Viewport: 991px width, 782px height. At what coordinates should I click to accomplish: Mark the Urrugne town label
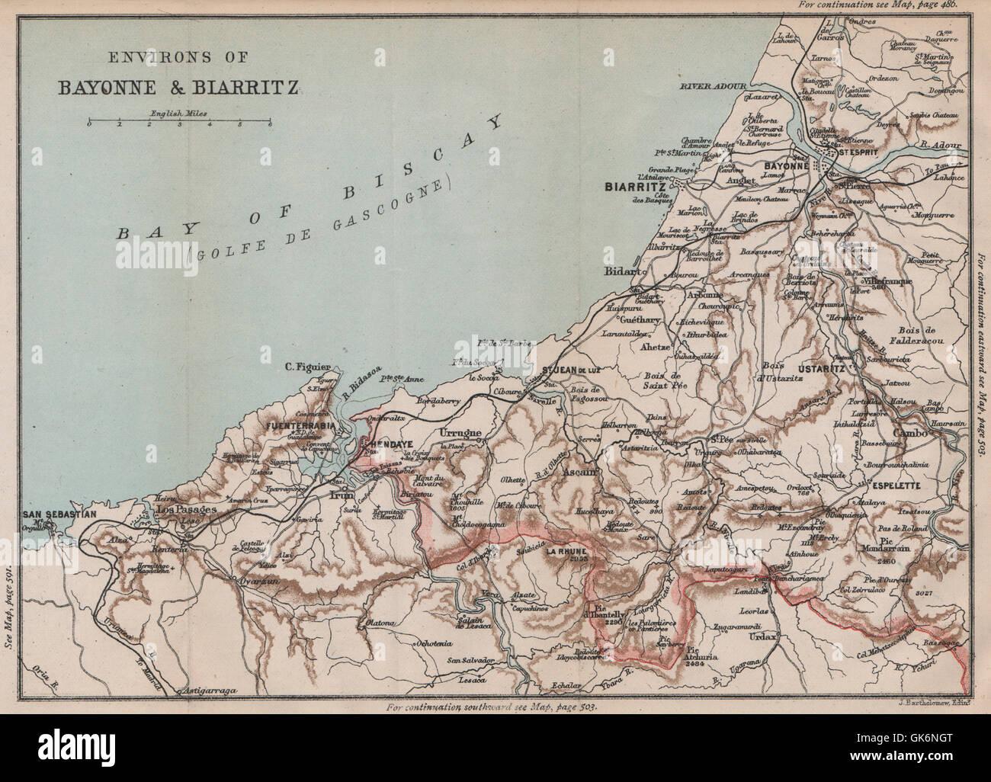click(x=462, y=434)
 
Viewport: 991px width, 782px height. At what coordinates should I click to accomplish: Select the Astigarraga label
click(x=206, y=691)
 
